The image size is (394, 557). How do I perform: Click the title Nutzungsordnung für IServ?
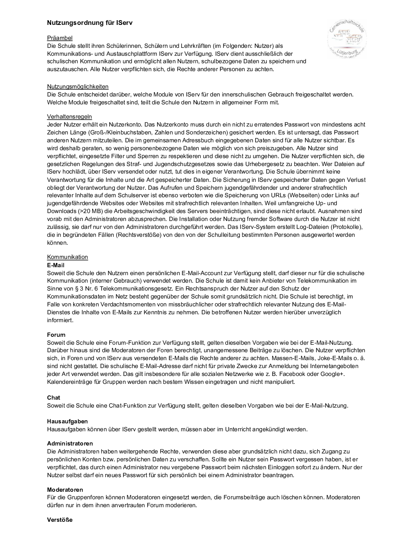coord(90,23)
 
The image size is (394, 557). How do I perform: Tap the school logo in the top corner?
coord(347,38)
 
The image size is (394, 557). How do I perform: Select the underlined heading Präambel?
coord(60,38)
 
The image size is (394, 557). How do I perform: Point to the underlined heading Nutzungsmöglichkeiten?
coord(78,87)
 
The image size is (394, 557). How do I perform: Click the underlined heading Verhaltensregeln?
coord(69,117)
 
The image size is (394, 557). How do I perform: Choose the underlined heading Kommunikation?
coord(67,257)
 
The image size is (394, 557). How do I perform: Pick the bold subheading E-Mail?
coord(55,265)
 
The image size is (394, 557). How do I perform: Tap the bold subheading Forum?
coord(56,334)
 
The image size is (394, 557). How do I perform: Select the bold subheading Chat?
coord(53,398)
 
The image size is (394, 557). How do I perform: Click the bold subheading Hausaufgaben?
coord(67,421)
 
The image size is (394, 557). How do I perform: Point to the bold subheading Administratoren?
coord(70,444)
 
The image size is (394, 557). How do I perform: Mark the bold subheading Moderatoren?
coord(65,490)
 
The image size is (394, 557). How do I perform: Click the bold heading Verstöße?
coord(60,520)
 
